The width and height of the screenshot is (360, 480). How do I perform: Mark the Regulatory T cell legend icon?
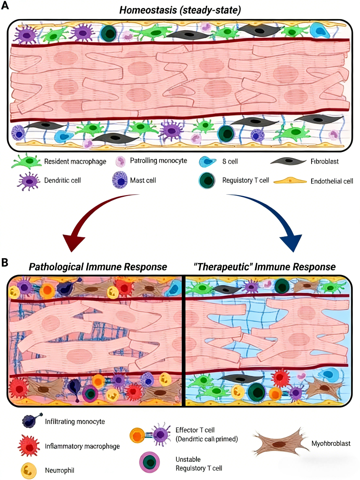[x=209, y=181]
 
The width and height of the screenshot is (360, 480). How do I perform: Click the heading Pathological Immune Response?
[x=98, y=267]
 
